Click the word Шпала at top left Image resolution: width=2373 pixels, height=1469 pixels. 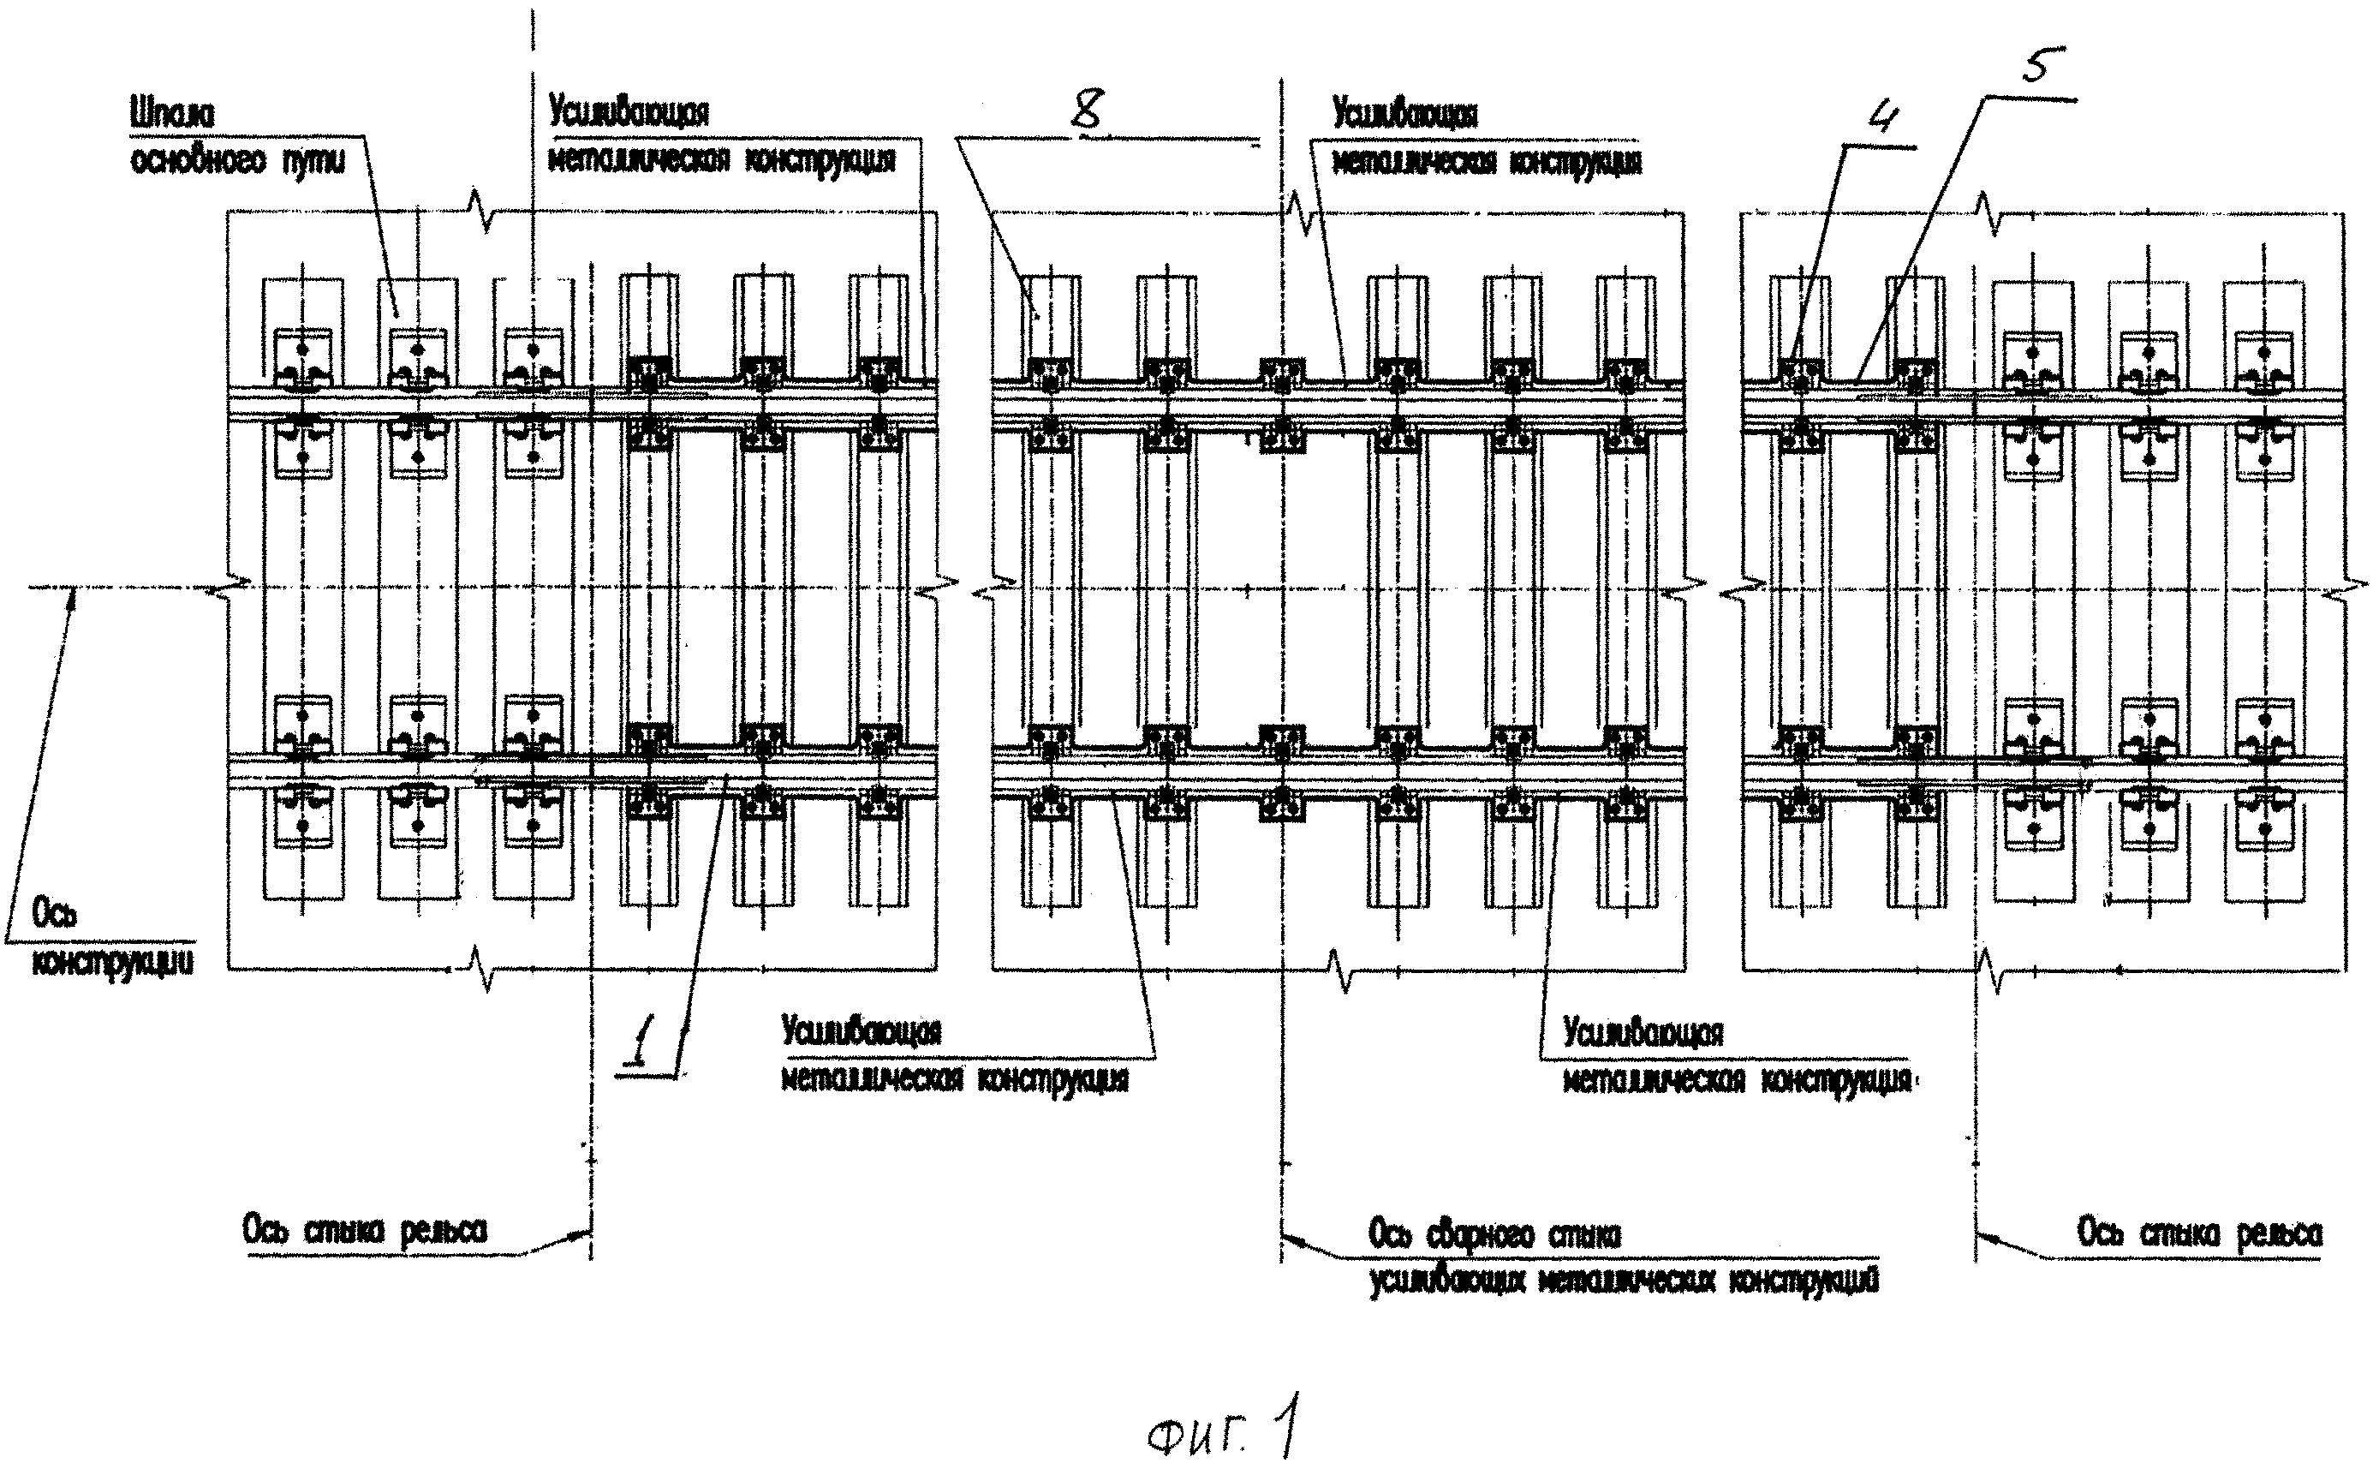pyautogui.click(x=172, y=114)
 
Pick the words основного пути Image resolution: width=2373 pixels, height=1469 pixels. pyautogui.click(x=237, y=160)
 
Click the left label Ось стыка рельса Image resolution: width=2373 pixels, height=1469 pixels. pyautogui.click(x=364, y=1232)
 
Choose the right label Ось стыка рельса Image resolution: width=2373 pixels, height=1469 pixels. pyautogui.click(x=2199, y=1234)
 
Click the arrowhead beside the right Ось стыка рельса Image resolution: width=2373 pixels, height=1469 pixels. pyautogui.click(x=1982, y=1237)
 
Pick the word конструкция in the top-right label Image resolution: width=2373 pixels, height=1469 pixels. pyautogui.click(x=1575, y=161)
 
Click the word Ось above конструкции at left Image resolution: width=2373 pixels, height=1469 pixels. pyautogui.click(x=56, y=913)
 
